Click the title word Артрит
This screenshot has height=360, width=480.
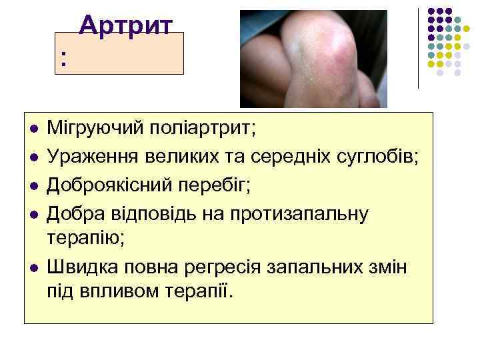[x=126, y=25]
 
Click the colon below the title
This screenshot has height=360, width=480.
[x=63, y=60]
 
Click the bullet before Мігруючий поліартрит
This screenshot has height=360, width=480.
[x=33, y=127]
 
